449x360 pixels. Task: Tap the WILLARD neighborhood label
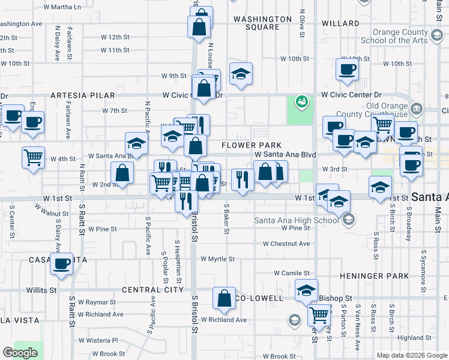coord(340,23)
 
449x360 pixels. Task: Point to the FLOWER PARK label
coord(252,145)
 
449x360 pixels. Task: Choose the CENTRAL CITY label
coord(152,290)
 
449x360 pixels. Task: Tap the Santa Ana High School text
coord(297,220)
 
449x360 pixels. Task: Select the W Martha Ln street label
coord(62,7)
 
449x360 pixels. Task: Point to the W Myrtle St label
coord(217,259)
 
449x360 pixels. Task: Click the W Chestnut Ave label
coord(286,244)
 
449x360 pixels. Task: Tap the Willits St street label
coord(41,290)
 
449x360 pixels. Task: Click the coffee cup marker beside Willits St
coord(61,264)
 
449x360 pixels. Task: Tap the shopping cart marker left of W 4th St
coord(34,157)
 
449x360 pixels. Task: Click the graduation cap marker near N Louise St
coord(241,74)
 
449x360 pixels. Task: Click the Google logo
coord(20,353)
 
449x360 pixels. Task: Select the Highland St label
coord(415,338)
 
